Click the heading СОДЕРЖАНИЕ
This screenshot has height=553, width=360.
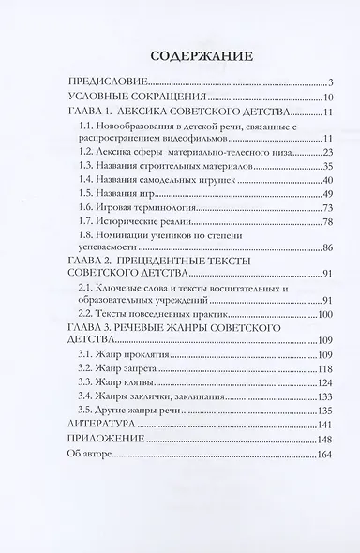(x=179, y=55)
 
